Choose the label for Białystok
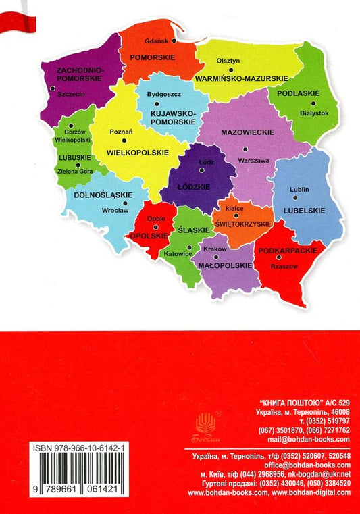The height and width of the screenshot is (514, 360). [314, 113]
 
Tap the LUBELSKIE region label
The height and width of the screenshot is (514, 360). [303, 211]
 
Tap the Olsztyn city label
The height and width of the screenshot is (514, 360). [228, 60]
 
